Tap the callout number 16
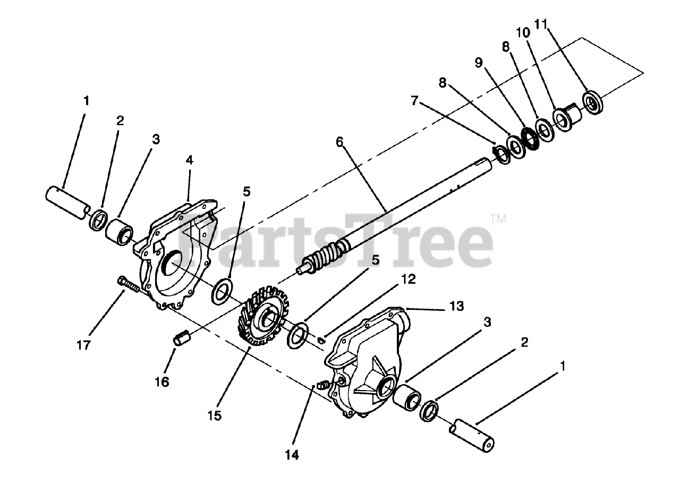pos(162,381)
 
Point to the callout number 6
pos(339,142)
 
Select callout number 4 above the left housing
pos(189,159)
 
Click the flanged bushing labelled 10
pos(566,116)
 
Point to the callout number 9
pos(478,63)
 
